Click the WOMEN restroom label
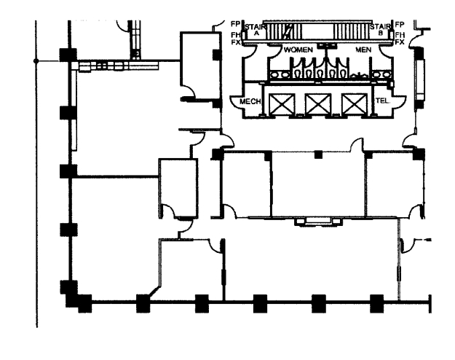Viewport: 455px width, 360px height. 298,49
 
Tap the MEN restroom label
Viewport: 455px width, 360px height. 363,49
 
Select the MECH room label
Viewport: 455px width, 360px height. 250,102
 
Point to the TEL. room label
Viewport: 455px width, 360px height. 381,101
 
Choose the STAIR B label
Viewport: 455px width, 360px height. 379,30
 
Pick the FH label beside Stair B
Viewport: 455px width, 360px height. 400,34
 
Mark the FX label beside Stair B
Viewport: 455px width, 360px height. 400,42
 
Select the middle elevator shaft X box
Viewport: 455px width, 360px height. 318,103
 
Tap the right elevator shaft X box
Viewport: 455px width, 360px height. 354,103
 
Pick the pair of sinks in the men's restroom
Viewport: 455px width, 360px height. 379,74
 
